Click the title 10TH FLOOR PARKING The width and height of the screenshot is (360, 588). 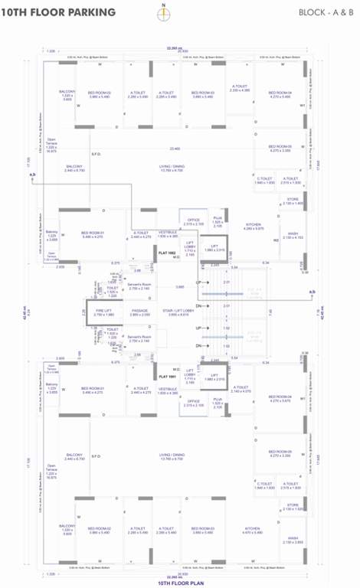[58, 12]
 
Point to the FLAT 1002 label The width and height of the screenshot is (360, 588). [167, 252]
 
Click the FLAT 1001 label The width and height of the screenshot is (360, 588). [167, 376]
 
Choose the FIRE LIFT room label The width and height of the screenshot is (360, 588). [103, 311]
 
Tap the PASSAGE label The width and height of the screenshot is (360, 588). [139, 311]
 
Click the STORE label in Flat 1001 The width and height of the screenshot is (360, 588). [293, 505]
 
